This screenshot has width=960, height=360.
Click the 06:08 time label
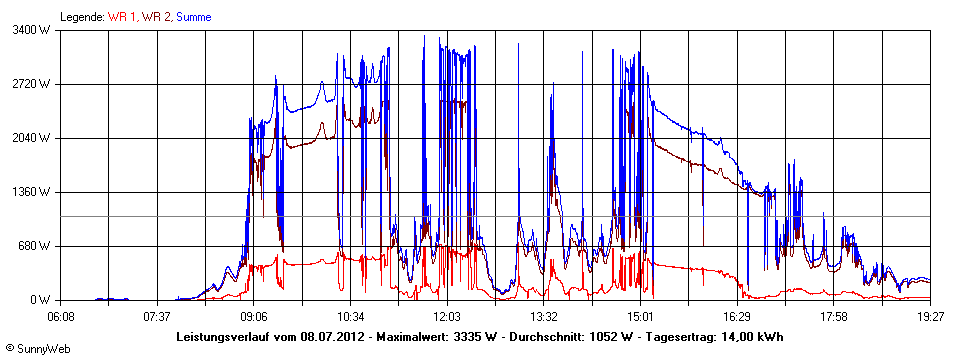point(61,315)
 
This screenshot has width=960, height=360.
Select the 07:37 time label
point(158,315)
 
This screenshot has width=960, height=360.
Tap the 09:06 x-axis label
point(254,315)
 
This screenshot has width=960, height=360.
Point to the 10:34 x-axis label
point(351,315)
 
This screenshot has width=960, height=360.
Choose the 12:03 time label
point(448,315)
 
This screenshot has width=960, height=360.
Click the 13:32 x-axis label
point(544,315)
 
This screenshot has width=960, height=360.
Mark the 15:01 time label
point(641,315)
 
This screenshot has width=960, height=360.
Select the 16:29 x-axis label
point(737,315)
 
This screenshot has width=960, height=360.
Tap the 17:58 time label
point(834,315)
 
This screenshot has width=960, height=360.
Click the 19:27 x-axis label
point(930,315)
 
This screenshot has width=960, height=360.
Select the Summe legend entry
point(193,17)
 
